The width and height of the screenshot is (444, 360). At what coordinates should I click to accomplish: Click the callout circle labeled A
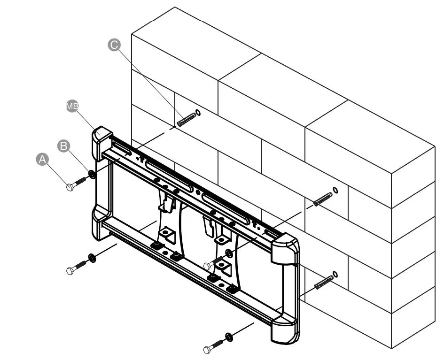(x=43, y=160)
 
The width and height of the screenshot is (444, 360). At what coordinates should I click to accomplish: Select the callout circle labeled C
(x=114, y=45)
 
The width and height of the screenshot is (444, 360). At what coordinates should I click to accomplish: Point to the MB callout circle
(x=71, y=107)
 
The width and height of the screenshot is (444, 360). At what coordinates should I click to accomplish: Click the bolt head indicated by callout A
(x=70, y=187)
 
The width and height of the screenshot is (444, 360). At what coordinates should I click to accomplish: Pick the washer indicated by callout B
(x=92, y=175)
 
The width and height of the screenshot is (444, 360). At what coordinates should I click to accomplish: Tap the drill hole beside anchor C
(x=197, y=113)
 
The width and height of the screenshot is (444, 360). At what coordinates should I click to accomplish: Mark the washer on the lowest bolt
(x=229, y=337)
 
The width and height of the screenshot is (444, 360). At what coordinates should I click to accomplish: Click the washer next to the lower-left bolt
(x=92, y=258)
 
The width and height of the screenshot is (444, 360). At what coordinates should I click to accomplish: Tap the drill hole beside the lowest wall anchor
(x=335, y=274)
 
